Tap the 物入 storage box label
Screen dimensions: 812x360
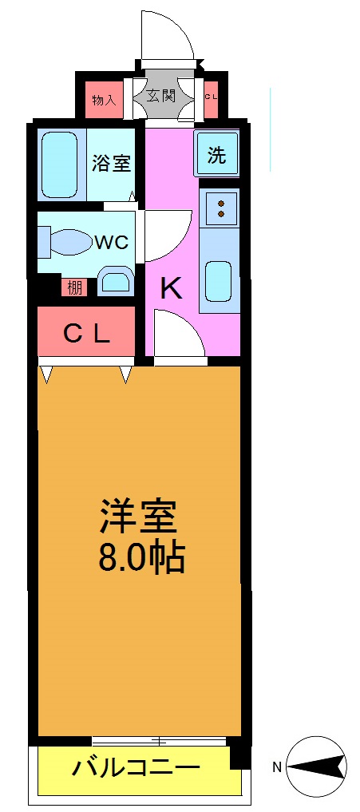coord(105,100)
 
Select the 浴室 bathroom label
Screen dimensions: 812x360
coord(111,163)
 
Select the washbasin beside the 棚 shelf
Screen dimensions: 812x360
coord(117,282)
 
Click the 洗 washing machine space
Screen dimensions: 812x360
coord(217,155)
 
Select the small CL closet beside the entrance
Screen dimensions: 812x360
coord(212,97)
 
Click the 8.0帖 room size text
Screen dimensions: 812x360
coord(142,557)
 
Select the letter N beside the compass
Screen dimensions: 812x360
coord(277,768)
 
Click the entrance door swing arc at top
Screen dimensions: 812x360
coord(168,36)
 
